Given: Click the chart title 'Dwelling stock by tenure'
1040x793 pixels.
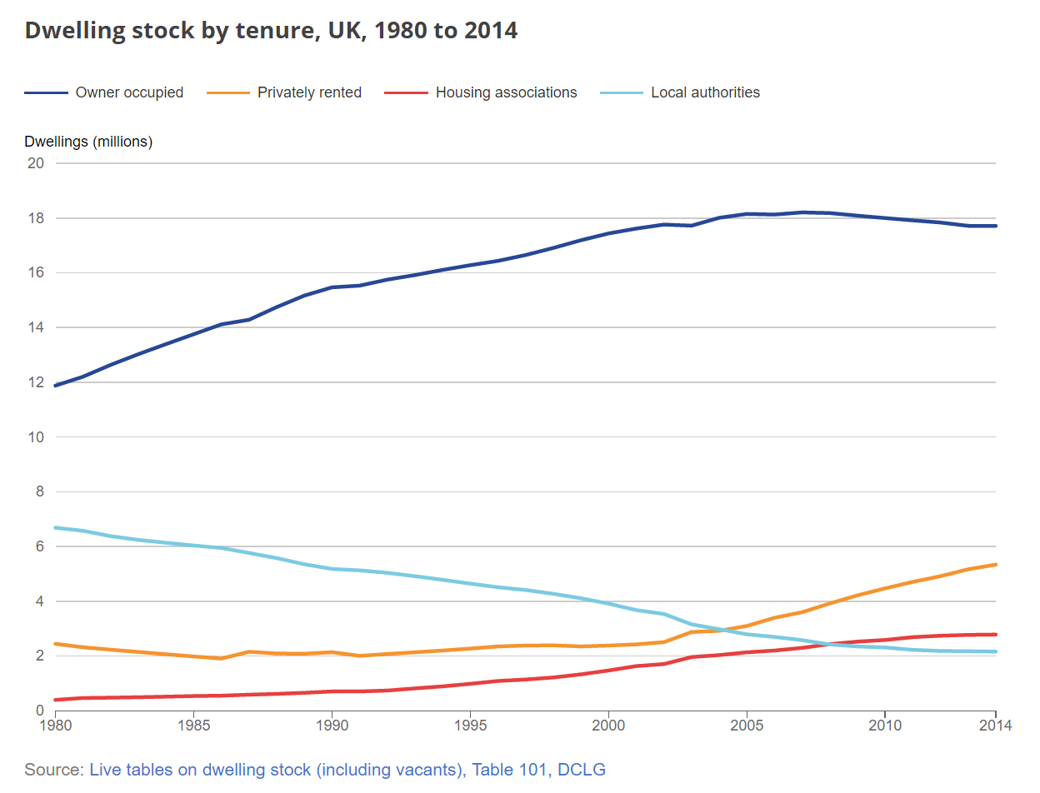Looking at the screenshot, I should pyautogui.click(x=271, y=31).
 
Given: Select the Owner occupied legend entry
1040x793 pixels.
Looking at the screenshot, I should pyautogui.click(x=129, y=92).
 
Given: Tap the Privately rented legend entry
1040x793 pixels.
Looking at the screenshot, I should pyautogui.click(x=309, y=92).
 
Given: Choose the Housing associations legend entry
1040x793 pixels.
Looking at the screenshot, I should pyautogui.click(x=506, y=92).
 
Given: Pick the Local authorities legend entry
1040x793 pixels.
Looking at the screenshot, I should pyautogui.click(x=705, y=92).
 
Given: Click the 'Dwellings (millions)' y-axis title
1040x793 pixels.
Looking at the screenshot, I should pyautogui.click(x=88, y=142).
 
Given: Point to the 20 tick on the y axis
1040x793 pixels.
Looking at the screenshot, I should pyautogui.click(x=35, y=163).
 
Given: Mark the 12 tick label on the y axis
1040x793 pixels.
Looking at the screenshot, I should pyautogui.click(x=35, y=382).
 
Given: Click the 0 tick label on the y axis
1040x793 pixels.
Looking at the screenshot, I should pyautogui.click(x=38, y=711).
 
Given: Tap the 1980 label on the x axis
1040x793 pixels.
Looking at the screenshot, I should pyautogui.click(x=56, y=726).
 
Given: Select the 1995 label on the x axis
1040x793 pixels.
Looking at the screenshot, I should pyautogui.click(x=470, y=726).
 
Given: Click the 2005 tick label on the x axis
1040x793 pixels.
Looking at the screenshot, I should pyautogui.click(x=746, y=726).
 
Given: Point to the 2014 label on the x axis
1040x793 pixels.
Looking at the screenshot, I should pyautogui.click(x=995, y=726).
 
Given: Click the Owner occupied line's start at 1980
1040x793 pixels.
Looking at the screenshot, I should pyautogui.click(x=56, y=386).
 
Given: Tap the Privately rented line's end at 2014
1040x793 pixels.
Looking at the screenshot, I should pyautogui.click(x=995, y=565).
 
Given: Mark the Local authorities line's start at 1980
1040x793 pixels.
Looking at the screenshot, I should pyautogui.click(x=56, y=527).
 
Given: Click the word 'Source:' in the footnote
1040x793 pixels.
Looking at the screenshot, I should pyautogui.click(x=54, y=770).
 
